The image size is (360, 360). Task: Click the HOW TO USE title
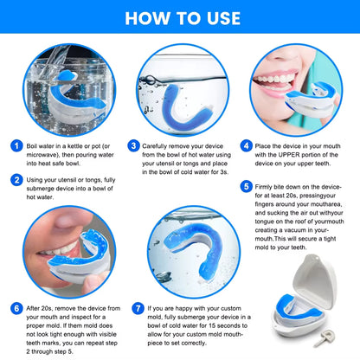(180, 16)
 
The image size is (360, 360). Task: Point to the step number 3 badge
(134, 146)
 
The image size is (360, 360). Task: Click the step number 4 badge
(247, 146)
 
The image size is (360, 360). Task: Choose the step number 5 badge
(247, 186)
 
